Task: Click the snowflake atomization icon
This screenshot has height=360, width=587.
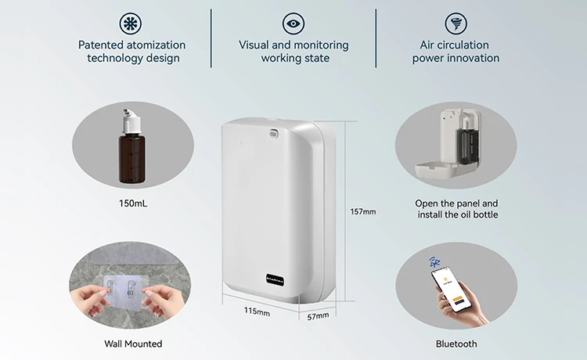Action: pos(131,23)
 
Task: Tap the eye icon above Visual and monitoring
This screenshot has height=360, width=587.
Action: pos(293,23)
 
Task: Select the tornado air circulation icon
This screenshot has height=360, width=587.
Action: pos(456,23)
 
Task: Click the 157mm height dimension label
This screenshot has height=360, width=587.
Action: pos(362,211)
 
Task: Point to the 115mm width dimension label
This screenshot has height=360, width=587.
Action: pos(257,311)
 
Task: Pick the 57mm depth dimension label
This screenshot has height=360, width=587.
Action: pos(318,316)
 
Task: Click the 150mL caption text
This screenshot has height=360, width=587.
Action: pos(133,203)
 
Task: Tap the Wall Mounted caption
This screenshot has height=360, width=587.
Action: pos(133,344)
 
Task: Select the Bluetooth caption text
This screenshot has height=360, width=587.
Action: pos(456,344)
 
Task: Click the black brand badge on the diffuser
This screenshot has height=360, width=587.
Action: pos(275,279)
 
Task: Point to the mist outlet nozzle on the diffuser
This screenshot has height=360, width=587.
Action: pos(274,132)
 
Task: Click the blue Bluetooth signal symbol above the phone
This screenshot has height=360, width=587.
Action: pos(434,261)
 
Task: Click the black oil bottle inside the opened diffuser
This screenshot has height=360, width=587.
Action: pos(466,145)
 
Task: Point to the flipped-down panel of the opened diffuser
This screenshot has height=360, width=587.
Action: pos(437,169)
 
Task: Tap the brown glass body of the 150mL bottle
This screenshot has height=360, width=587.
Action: pos(131,159)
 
